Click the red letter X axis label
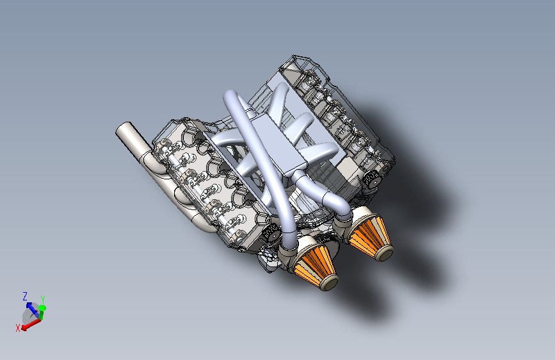[x=18, y=328]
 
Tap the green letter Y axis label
[x=43, y=299]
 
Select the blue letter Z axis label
[x=25, y=296]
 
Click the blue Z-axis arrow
[x=33, y=309]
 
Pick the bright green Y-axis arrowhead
[x=42, y=308]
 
